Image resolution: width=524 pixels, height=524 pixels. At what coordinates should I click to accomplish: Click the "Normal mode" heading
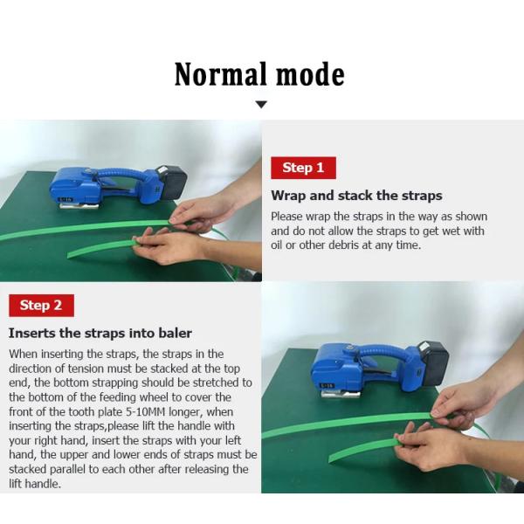259,74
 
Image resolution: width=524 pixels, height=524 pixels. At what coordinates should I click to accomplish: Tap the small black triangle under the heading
260,105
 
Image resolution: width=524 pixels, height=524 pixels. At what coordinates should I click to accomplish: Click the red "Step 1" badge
303,168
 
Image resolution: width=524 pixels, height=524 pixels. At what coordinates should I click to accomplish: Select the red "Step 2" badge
40,305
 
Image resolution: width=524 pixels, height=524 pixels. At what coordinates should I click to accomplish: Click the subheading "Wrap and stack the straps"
356,196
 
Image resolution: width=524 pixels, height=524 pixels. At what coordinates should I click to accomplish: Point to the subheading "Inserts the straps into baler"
100,333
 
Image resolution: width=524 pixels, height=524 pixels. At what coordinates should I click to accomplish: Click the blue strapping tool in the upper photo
83,186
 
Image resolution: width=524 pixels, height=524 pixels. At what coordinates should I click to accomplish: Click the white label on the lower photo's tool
327,384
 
